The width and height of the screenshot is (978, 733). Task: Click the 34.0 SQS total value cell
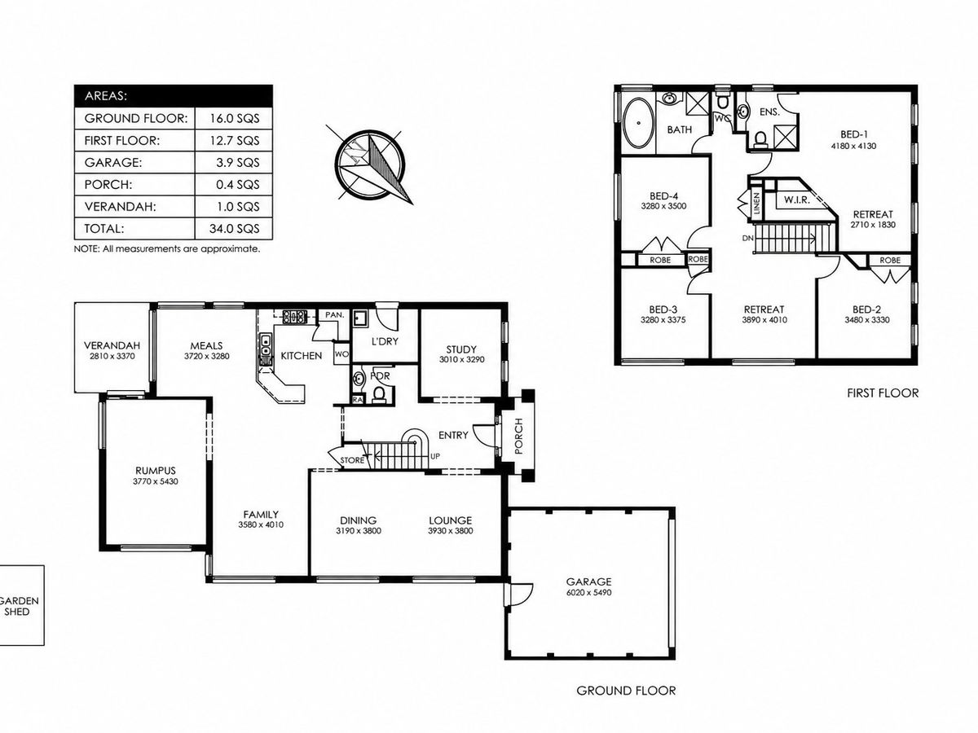pos(234,229)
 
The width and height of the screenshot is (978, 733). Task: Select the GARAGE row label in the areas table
pos(113,162)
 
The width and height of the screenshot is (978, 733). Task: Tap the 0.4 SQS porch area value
pos(237,184)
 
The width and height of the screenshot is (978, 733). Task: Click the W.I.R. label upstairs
pos(796,200)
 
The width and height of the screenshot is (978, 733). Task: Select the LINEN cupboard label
pos(756,204)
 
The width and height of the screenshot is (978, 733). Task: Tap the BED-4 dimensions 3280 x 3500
pos(663,206)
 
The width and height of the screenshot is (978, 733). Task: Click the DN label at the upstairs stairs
pos(747,238)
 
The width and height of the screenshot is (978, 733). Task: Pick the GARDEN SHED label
pos(18,606)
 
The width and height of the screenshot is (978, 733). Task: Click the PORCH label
pos(518,436)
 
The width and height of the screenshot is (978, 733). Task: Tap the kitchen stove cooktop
pos(294,317)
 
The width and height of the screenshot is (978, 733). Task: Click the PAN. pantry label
pos(335,315)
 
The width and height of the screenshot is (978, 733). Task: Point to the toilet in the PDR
pos(379,394)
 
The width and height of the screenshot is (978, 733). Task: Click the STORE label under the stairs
pos(352,460)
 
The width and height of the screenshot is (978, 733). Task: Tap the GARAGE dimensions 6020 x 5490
pos(588,592)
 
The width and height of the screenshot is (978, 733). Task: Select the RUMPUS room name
pos(156,471)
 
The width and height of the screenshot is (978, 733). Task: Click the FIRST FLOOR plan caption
pos(882,393)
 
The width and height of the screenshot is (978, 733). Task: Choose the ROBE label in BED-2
pos(890,261)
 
